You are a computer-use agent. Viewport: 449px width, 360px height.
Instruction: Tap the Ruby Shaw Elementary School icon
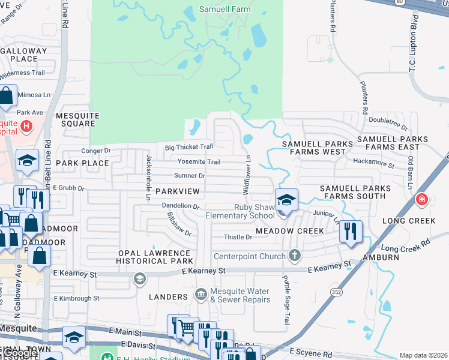[x=286, y=200]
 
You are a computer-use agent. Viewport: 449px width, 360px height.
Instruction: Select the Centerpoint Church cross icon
[x=294, y=256]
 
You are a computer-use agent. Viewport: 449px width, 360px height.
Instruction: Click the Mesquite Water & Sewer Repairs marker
[x=201, y=295]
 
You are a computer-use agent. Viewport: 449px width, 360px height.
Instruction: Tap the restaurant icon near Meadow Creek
[x=351, y=232]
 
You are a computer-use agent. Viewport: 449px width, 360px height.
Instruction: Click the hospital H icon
[x=26, y=126]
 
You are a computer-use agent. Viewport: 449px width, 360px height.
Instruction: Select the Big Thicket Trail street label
[x=189, y=147]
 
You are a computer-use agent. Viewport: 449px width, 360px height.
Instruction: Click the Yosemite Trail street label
[x=198, y=161]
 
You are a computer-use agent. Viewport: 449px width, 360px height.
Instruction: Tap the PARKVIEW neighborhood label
[x=177, y=191]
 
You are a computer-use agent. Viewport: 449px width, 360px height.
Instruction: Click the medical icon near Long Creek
[x=422, y=199]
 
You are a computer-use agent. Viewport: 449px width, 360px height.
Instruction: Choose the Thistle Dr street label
[x=238, y=237]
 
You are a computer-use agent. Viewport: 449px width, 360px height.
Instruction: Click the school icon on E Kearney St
[x=139, y=278]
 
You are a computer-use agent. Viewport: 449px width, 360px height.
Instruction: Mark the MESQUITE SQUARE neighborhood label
[x=75, y=119]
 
